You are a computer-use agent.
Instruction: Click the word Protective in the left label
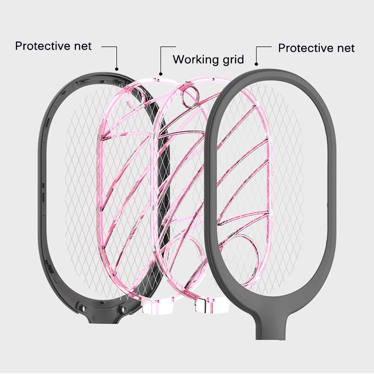[x=43, y=46]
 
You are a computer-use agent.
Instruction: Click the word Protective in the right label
[x=306, y=48]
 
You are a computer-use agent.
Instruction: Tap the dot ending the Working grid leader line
[x=161, y=73]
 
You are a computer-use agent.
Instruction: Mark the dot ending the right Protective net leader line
[x=256, y=64]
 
